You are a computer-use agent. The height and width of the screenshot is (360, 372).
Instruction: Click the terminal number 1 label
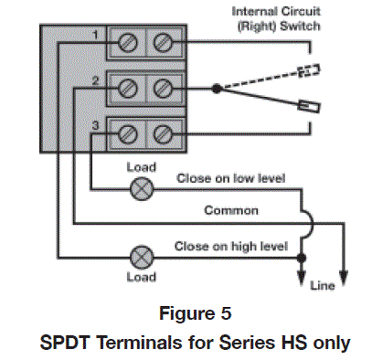click(94, 36)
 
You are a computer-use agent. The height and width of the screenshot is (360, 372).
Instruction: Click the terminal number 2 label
click(94, 81)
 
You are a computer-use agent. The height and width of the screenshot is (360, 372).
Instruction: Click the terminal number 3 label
click(94, 125)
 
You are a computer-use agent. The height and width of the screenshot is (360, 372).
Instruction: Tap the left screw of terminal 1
click(128, 43)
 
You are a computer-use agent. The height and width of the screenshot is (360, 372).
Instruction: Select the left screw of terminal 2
click(128, 89)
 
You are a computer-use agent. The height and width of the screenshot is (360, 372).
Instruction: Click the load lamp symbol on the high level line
click(142, 254)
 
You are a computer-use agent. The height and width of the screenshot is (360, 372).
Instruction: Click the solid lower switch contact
click(308, 108)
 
